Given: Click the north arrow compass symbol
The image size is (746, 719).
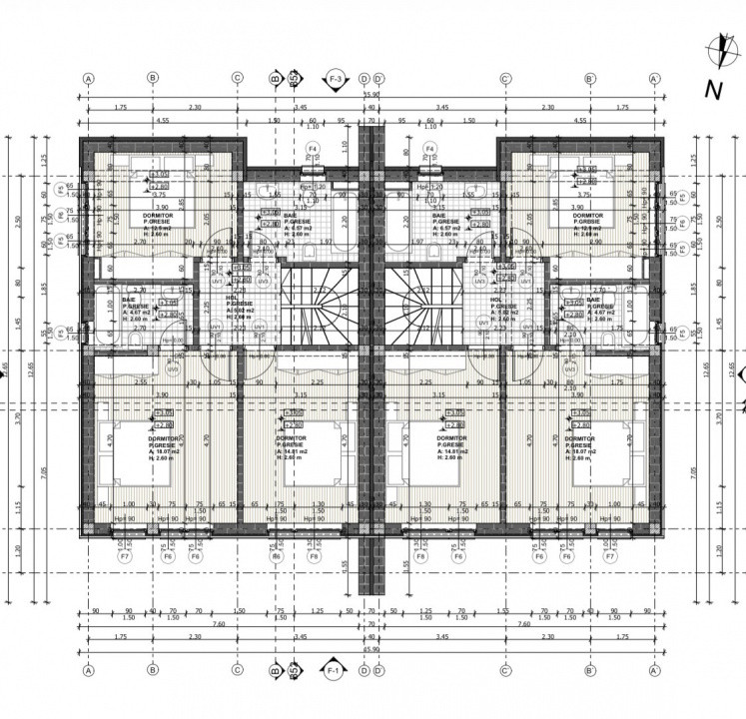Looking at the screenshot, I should pos(716,46).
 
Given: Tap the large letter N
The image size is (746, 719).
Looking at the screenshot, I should pos(713,90).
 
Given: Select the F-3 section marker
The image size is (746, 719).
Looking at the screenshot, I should pos(335,79).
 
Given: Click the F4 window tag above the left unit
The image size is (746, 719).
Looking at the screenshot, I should pos(313,149).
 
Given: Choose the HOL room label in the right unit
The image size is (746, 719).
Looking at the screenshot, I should pos(495,302).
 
